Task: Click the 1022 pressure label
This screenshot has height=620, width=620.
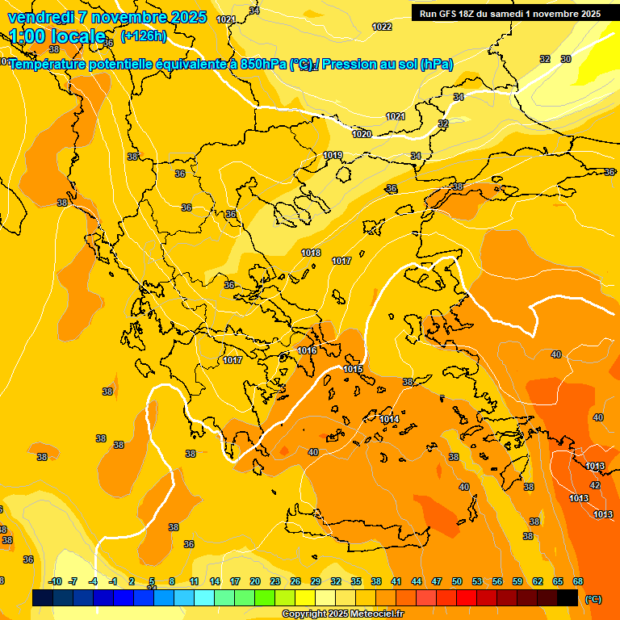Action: pos(382,27)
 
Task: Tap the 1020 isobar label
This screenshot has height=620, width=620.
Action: pos(362,134)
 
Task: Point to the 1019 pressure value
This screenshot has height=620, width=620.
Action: pos(333,155)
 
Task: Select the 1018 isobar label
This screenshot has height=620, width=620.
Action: pos(311,253)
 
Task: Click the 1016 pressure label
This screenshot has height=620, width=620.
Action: pos(307,350)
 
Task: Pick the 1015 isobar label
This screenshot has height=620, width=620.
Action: pos(353,369)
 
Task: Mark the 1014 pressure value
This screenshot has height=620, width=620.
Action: pos(389,419)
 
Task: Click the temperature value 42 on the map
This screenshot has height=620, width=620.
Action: pos(595,485)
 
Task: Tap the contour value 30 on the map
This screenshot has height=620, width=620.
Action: pos(566,59)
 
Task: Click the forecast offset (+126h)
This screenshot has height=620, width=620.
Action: pos(143,36)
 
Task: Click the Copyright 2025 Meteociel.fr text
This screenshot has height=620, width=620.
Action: pos(342,614)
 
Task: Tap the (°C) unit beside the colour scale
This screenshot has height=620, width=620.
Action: pos(593,599)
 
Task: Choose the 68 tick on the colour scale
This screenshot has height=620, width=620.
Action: pos(578,581)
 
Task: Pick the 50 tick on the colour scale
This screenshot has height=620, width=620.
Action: pos(457,581)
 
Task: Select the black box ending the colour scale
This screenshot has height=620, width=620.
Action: pos(568,597)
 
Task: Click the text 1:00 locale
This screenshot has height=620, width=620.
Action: pos(57,36)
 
